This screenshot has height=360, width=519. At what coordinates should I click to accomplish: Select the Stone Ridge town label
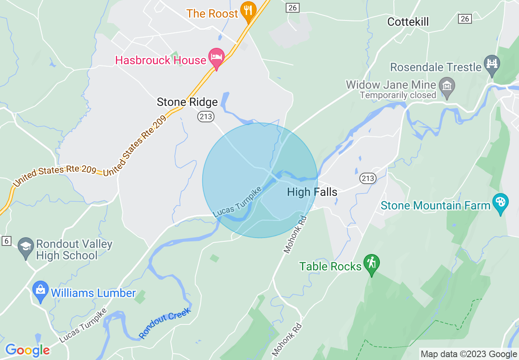tap(187, 102)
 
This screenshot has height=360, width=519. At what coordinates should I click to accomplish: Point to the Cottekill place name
tap(408, 22)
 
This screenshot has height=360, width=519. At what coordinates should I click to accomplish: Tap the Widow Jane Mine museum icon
tap(447, 86)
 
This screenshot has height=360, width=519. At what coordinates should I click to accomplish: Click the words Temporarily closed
tap(398, 95)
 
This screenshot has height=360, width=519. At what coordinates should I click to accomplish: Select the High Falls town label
tap(312, 192)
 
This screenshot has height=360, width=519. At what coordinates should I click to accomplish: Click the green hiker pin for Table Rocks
tap(372, 263)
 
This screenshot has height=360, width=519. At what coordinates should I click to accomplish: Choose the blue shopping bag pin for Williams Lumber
tap(41, 290)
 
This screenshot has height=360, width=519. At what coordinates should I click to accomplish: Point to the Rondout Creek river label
tap(165, 323)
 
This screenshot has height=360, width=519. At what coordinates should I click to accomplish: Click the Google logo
tap(27, 350)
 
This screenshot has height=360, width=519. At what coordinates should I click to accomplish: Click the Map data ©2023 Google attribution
tap(469, 354)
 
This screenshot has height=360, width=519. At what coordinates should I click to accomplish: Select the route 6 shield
tap(6, 241)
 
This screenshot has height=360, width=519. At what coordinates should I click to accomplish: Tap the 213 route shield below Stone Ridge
tap(205, 117)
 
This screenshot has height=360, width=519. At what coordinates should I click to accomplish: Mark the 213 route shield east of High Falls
tap(368, 178)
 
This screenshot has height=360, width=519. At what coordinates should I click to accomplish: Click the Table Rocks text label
tap(330, 266)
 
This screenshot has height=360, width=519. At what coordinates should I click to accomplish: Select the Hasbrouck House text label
tap(160, 60)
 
